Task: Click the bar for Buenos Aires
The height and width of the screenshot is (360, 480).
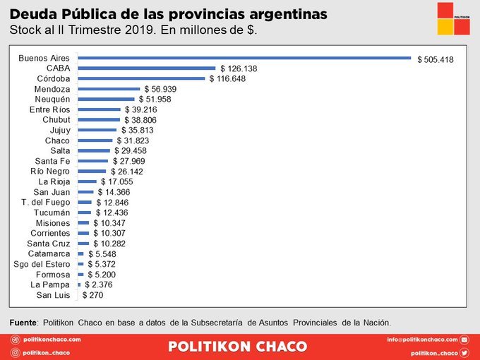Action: (x=244, y=58)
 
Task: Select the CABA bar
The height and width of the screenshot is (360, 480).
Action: (x=146, y=68)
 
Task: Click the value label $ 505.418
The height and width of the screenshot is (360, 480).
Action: (x=436, y=59)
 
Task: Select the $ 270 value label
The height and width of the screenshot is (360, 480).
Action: (x=93, y=295)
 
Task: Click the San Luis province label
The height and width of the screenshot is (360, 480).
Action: (x=54, y=295)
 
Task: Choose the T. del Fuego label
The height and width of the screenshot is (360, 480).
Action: (x=46, y=203)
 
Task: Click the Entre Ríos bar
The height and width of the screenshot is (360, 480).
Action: (x=99, y=109)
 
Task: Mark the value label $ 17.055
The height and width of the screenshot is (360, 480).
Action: (x=117, y=181)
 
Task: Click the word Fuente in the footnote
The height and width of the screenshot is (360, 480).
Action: (x=23, y=322)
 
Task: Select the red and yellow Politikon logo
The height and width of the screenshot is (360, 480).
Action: (x=453, y=18)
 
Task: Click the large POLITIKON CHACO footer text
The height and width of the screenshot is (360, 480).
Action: (x=238, y=347)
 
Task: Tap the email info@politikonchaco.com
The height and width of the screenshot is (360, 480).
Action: (x=422, y=340)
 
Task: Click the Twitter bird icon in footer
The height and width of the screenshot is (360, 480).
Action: (x=464, y=352)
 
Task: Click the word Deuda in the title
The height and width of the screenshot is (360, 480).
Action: (x=31, y=13)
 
